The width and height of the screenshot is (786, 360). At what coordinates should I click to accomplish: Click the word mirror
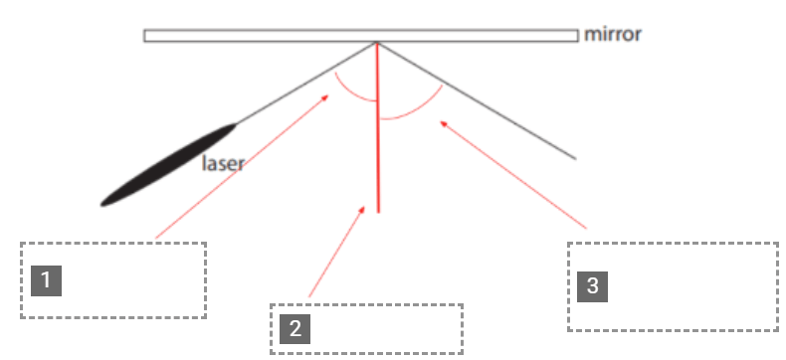tap(613, 35)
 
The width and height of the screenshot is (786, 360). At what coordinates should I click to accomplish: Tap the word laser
tap(223, 163)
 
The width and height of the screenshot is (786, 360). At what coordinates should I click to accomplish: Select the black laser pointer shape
tap(168, 165)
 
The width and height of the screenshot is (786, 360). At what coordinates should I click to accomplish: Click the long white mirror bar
tap(361, 36)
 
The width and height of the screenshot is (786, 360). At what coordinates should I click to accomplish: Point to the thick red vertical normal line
tap(378, 127)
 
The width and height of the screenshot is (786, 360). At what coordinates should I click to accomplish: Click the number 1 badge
tap(46, 280)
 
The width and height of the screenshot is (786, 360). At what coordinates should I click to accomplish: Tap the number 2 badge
tap(295, 329)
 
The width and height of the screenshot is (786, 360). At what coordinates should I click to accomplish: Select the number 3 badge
tap(593, 286)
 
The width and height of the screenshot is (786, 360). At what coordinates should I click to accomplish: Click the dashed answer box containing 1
tap(113, 279)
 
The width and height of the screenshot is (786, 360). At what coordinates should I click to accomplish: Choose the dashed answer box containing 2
tap(366, 329)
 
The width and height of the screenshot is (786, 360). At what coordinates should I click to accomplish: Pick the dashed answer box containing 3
tap(673, 286)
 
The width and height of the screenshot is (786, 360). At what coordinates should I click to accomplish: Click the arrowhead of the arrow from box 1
tap(325, 97)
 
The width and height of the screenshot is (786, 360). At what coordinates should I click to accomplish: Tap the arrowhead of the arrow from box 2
tap(362, 209)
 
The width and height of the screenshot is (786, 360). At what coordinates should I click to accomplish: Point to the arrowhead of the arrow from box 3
tap(443, 123)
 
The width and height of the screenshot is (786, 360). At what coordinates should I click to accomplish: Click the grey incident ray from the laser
tap(306, 84)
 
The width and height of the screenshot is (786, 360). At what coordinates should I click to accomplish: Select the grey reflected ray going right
tap(477, 100)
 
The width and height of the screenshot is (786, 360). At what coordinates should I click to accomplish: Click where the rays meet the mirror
tap(377, 43)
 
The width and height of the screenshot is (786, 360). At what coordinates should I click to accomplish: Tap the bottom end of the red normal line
tap(378, 213)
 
